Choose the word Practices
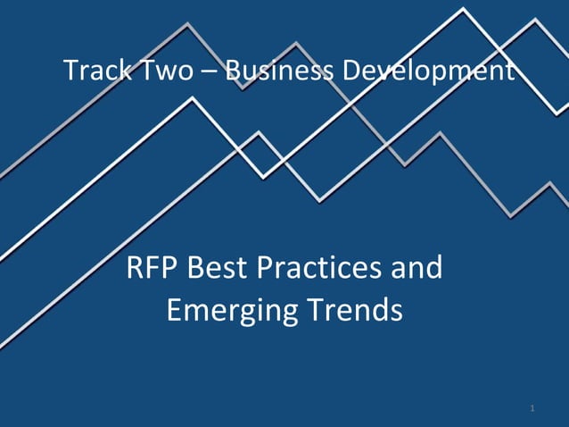point(321,267)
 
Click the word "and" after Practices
point(416,267)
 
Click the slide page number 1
point(532,409)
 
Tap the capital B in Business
point(233,71)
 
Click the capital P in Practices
point(266,267)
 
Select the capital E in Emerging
point(175,310)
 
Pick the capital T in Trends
point(315,310)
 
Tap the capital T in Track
point(71,71)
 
